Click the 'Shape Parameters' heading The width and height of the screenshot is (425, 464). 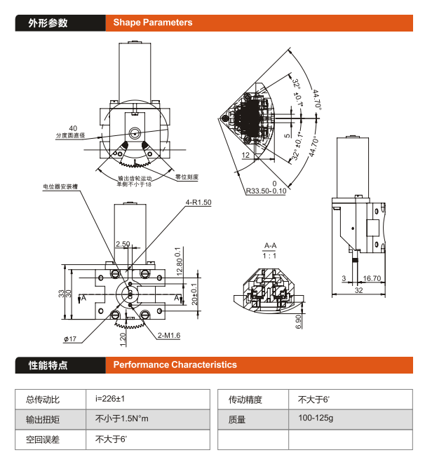pos(152,22)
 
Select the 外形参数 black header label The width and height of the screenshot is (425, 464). pos(48,22)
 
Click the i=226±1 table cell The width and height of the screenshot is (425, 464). pos(110,400)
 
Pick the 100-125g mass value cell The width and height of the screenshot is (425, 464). pos(317,419)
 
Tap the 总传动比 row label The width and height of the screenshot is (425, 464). pos(43,400)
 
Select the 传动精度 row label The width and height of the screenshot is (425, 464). pos(245,400)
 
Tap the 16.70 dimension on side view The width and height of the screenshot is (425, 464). pos(372,278)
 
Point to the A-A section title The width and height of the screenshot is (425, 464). pos(270,246)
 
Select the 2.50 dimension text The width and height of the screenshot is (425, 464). pos(123,245)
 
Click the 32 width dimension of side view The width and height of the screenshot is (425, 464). pos(358,289)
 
